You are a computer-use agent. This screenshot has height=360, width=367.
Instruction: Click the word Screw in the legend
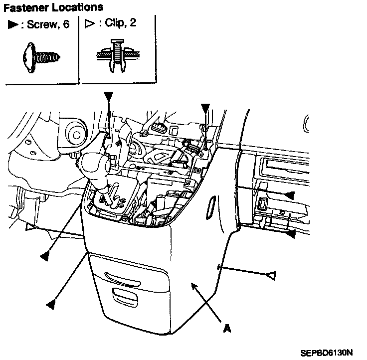click(39, 25)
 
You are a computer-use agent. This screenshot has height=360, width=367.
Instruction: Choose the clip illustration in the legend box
click(116, 54)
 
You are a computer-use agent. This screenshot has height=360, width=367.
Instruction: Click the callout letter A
click(227, 329)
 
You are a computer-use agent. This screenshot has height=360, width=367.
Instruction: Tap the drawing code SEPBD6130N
click(327, 353)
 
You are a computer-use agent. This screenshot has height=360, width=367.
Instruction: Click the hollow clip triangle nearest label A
click(272, 274)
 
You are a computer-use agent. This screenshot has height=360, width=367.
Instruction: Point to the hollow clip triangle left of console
click(31, 228)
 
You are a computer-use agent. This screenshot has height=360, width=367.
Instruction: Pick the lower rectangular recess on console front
click(125, 295)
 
